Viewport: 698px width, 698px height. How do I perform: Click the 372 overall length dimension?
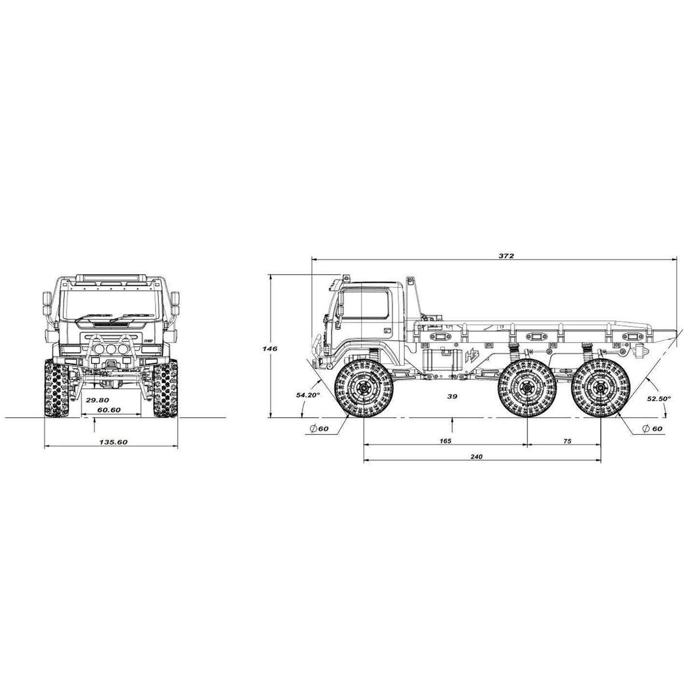click(506, 256)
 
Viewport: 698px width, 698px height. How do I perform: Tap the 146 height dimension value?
click(270, 348)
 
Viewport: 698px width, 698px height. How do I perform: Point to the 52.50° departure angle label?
click(659, 399)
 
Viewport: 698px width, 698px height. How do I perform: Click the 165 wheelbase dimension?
click(445, 441)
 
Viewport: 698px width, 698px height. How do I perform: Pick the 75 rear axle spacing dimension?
click(568, 441)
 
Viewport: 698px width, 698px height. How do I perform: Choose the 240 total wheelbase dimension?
click(477, 457)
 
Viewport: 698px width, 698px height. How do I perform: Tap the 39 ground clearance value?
click(452, 396)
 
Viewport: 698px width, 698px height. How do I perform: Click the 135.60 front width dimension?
click(113, 442)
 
